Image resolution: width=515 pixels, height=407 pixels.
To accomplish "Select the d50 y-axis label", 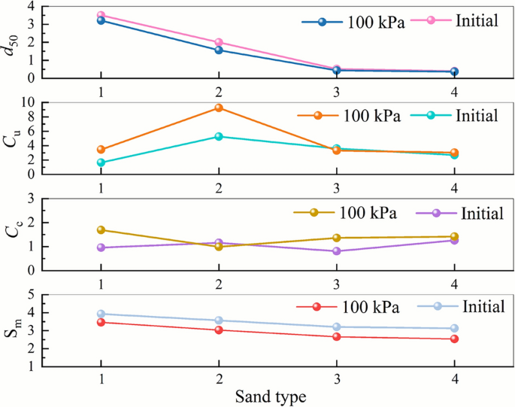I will pyautogui.click(x=11, y=41).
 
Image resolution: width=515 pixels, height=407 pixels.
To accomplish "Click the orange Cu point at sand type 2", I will pyautogui.click(x=218, y=108).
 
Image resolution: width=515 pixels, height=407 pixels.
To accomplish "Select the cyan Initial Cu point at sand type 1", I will pyautogui.click(x=101, y=162).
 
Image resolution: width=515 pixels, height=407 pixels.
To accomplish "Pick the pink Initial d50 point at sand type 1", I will pyautogui.click(x=101, y=15).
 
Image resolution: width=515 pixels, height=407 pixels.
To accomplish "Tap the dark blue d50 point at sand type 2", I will pyautogui.click(x=218, y=50).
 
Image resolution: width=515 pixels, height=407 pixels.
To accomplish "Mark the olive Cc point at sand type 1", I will pyautogui.click(x=101, y=230).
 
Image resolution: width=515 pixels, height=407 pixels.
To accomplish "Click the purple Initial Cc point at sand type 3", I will pyautogui.click(x=336, y=251).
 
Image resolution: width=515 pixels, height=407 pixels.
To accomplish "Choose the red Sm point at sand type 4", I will pyautogui.click(x=454, y=339).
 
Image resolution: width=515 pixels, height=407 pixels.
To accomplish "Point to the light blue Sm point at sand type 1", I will pyautogui.click(x=101, y=314).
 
